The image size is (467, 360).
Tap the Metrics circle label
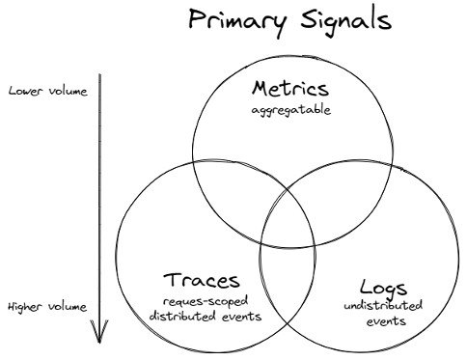click(286, 90)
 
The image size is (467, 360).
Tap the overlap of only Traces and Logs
click(287, 280)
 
